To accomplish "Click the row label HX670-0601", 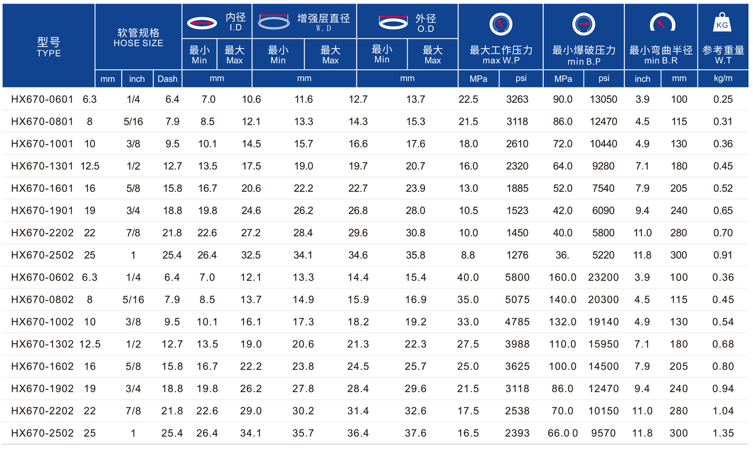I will pyautogui.click(x=42, y=100).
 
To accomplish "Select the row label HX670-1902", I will pyautogui.click(x=42, y=389).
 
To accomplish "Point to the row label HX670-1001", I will pyautogui.click(x=42, y=144).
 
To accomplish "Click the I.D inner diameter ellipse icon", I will pyautogui.click(x=202, y=23).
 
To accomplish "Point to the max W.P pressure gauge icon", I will pyautogui.click(x=501, y=24).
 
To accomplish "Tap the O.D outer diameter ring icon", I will pyautogui.click(x=393, y=22).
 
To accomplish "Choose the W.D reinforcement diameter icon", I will pyautogui.click(x=274, y=22).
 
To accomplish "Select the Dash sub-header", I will pyautogui.click(x=167, y=79).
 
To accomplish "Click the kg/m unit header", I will pyautogui.click(x=723, y=79).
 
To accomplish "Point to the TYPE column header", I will pyautogui.click(x=49, y=47).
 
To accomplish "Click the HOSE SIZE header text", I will pyautogui.click(x=139, y=38).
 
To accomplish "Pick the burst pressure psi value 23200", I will pyautogui.click(x=603, y=278).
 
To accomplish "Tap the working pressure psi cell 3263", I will pyautogui.click(x=517, y=100).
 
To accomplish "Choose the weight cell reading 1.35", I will pyautogui.click(x=723, y=433).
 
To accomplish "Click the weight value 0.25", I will pyautogui.click(x=723, y=100).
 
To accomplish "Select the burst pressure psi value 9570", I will pyautogui.click(x=604, y=433).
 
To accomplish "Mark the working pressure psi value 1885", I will pyautogui.click(x=517, y=189).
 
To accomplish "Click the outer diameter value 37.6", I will pyautogui.click(x=416, y=433).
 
